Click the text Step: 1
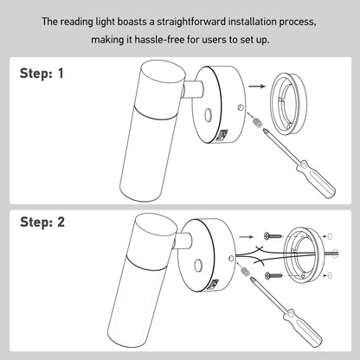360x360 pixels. (x=42, y=74)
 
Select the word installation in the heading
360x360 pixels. (x=243, y=20)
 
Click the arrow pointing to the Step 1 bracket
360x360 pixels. (x=254, y=87)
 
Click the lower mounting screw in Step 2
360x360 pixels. (x=271, y=274)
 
